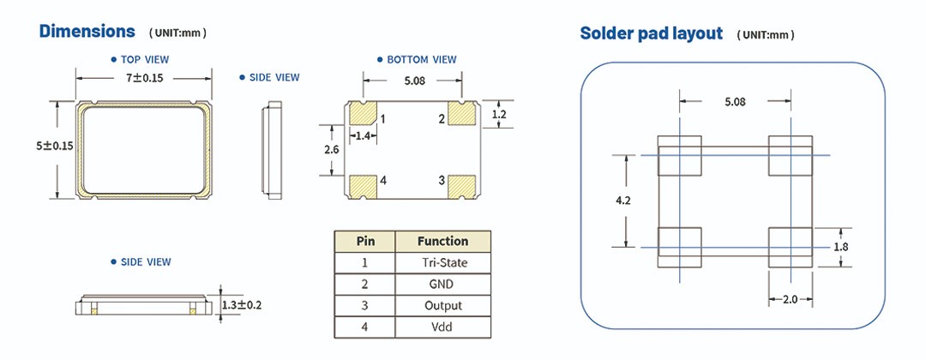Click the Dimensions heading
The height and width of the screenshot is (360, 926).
pyautogui.click(x=87, y=32)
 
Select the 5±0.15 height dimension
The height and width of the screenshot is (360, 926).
pyautogui.click(x=55, y=147)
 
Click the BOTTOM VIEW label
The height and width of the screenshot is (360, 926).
pyautogui.click(x=422, y=60)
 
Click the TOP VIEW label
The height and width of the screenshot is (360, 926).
pyautogui.click(x=145, y=60)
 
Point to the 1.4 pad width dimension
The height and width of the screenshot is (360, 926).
pyautogui.click(x=364, y=135)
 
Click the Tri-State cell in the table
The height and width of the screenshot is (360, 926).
pyautogui.click(x=442, y=262)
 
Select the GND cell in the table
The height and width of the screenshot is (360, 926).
pyautogui.click(x=442, y=284)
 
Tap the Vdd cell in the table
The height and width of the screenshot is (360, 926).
pyautogui.click(x=442, y=327)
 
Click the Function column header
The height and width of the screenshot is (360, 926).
pyautogui.click(x=442, y=241)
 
